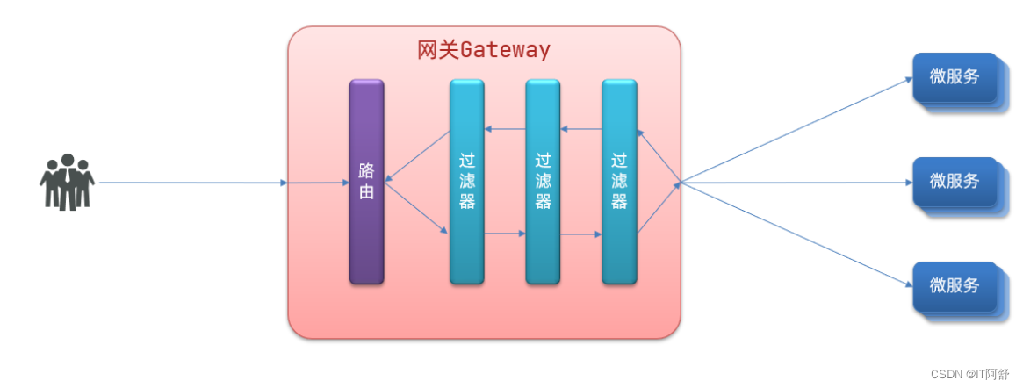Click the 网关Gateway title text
[x=484, y=49]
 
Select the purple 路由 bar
[x=366, y=182]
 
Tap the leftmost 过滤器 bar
[x=466, y=182]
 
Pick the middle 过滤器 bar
[x=543, y=182]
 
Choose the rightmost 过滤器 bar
[x=619, y=182]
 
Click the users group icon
[x=67, y=182]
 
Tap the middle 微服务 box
[x=955, y=183]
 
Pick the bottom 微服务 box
[x=955, y=286]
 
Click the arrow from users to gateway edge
[x=193, y=183]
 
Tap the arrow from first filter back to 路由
[x=417, y=157]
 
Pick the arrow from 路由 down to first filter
[x=417, y=208]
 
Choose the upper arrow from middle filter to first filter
[x=505, y=130]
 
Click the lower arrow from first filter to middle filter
[x=505, y=234]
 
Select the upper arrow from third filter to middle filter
[x=581, y=130]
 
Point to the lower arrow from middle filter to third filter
[x=581, y=234]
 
